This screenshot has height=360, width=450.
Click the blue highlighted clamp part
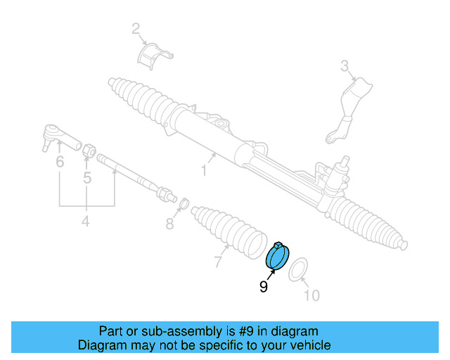coord(278,256)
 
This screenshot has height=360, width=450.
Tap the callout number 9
coord(263,286)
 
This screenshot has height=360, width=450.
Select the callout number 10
coord(311,295)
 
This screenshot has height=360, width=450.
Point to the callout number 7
coord(219,263)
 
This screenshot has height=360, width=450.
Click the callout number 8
coord(169,224)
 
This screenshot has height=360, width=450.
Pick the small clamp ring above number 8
coord(181,205)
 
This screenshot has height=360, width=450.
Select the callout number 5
coord(87,178)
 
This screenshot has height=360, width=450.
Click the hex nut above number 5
coord(89,149)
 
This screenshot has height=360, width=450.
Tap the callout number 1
coord(204,170)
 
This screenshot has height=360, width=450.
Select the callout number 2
coord(136,29)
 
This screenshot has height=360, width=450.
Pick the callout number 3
coord(345,67)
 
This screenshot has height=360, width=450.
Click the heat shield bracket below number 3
coord(350,105)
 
